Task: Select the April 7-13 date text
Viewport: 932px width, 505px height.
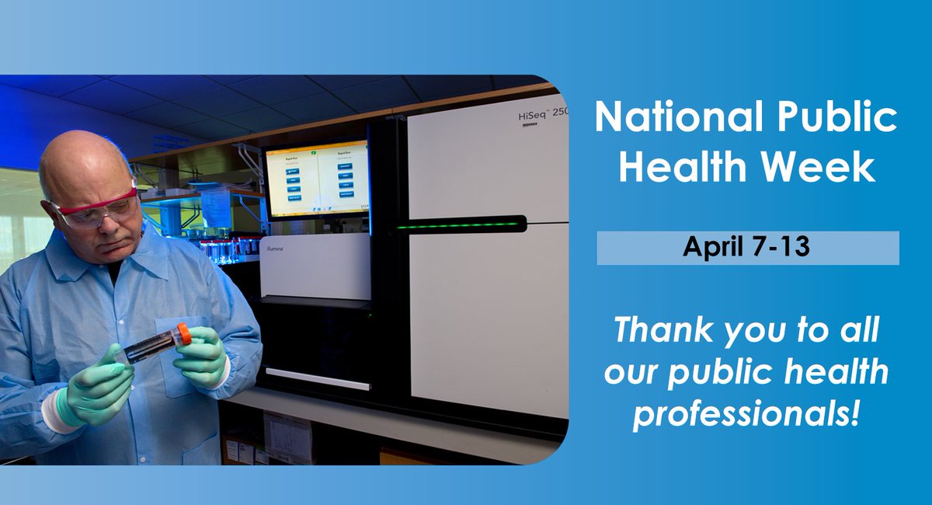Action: point(747,248)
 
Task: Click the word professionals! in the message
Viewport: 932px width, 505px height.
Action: point(746,413)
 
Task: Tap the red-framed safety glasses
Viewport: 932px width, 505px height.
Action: point(95,211)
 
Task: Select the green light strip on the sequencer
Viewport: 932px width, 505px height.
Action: point(458,225)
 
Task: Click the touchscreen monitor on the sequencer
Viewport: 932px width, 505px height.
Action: point(316,180)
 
